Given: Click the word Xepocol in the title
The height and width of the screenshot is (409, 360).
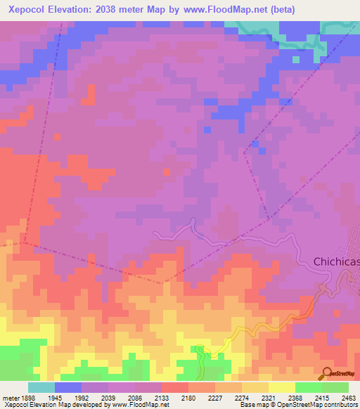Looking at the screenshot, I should (x=28, y=9).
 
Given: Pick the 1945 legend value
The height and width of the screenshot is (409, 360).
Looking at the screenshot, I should (x=54, y=398).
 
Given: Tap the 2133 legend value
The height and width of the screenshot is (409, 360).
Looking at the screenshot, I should (x=161, y=398).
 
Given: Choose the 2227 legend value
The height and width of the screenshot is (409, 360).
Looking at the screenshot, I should (x=214, y=398).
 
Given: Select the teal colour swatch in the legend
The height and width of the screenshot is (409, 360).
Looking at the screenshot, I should (x=41, y=387).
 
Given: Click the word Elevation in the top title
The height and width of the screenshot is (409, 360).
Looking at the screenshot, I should (x=73, y=9).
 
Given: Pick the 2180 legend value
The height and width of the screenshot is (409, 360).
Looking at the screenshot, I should (x=188, y=398).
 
